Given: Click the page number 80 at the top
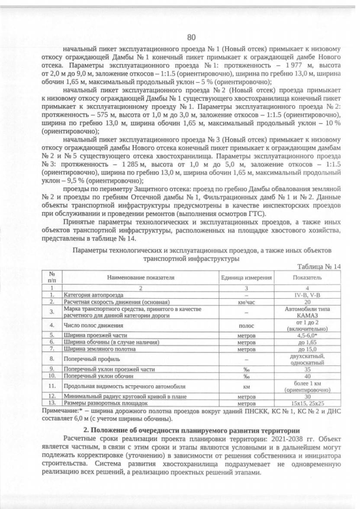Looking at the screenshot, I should coord(191,37).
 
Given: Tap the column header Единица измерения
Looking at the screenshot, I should coord(246,278).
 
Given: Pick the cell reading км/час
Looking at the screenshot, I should coord(246,301).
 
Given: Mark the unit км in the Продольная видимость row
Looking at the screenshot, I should coord(246,386).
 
